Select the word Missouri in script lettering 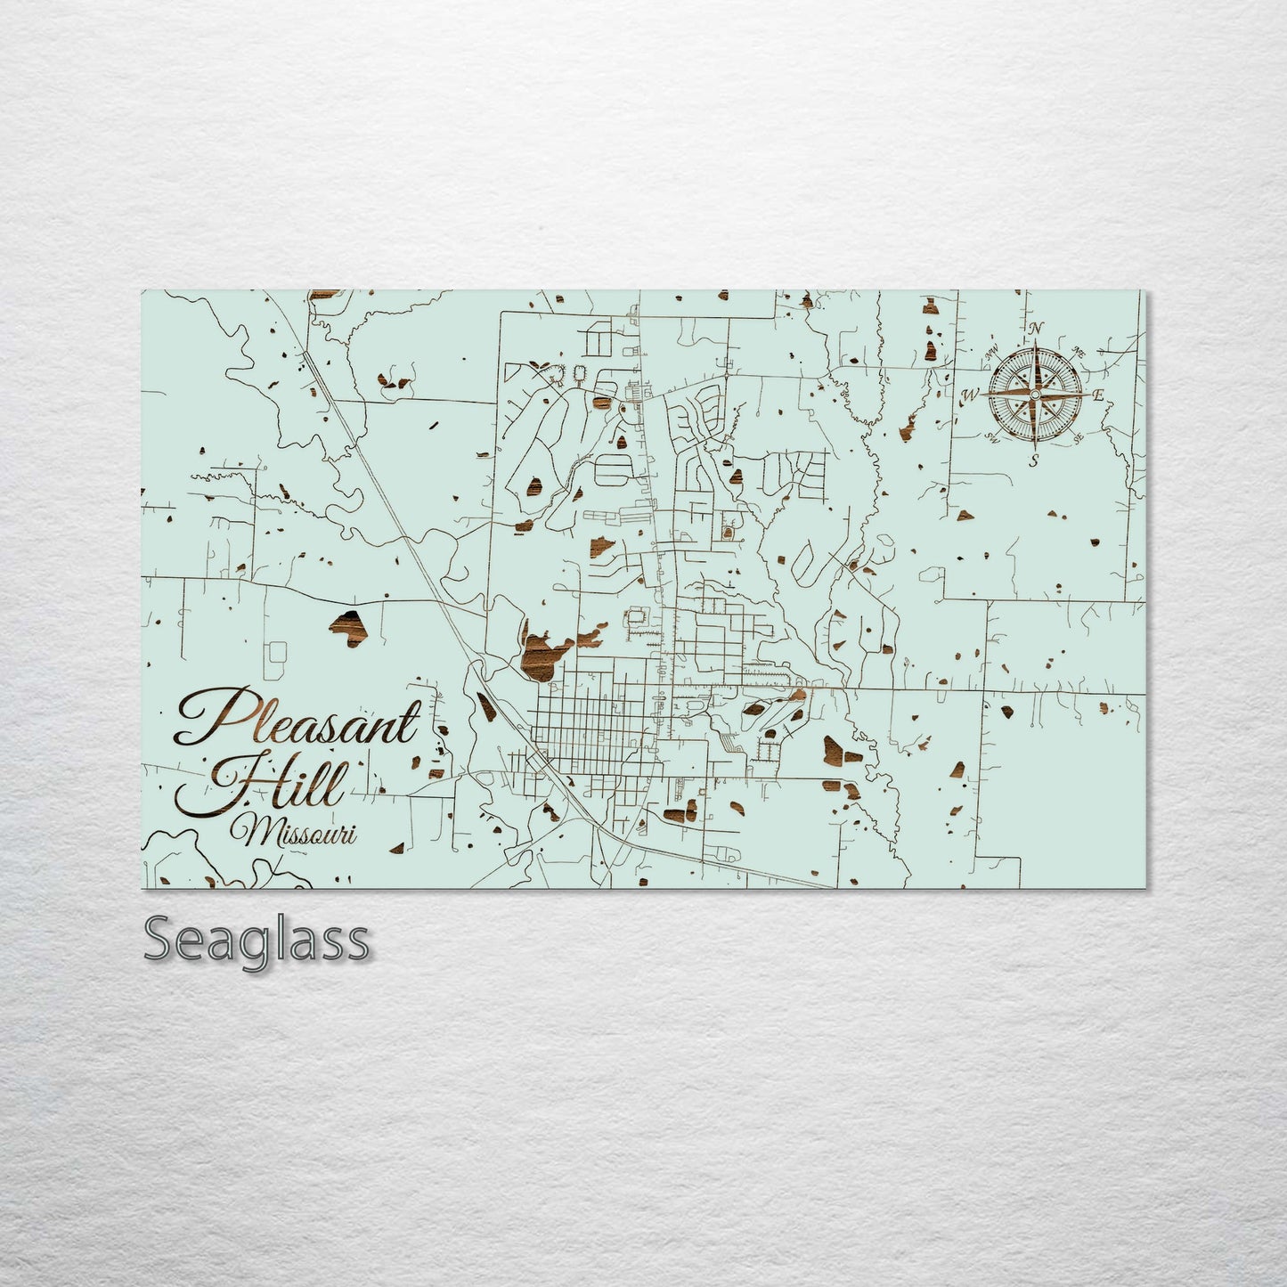(294, 834)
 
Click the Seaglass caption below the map (256, 940)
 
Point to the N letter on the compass (1035, 329)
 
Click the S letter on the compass (1033, 460)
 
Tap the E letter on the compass (1098, 395)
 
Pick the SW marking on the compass (991, 437)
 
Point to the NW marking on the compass (991, 351)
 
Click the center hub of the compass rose (1035, 394)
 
